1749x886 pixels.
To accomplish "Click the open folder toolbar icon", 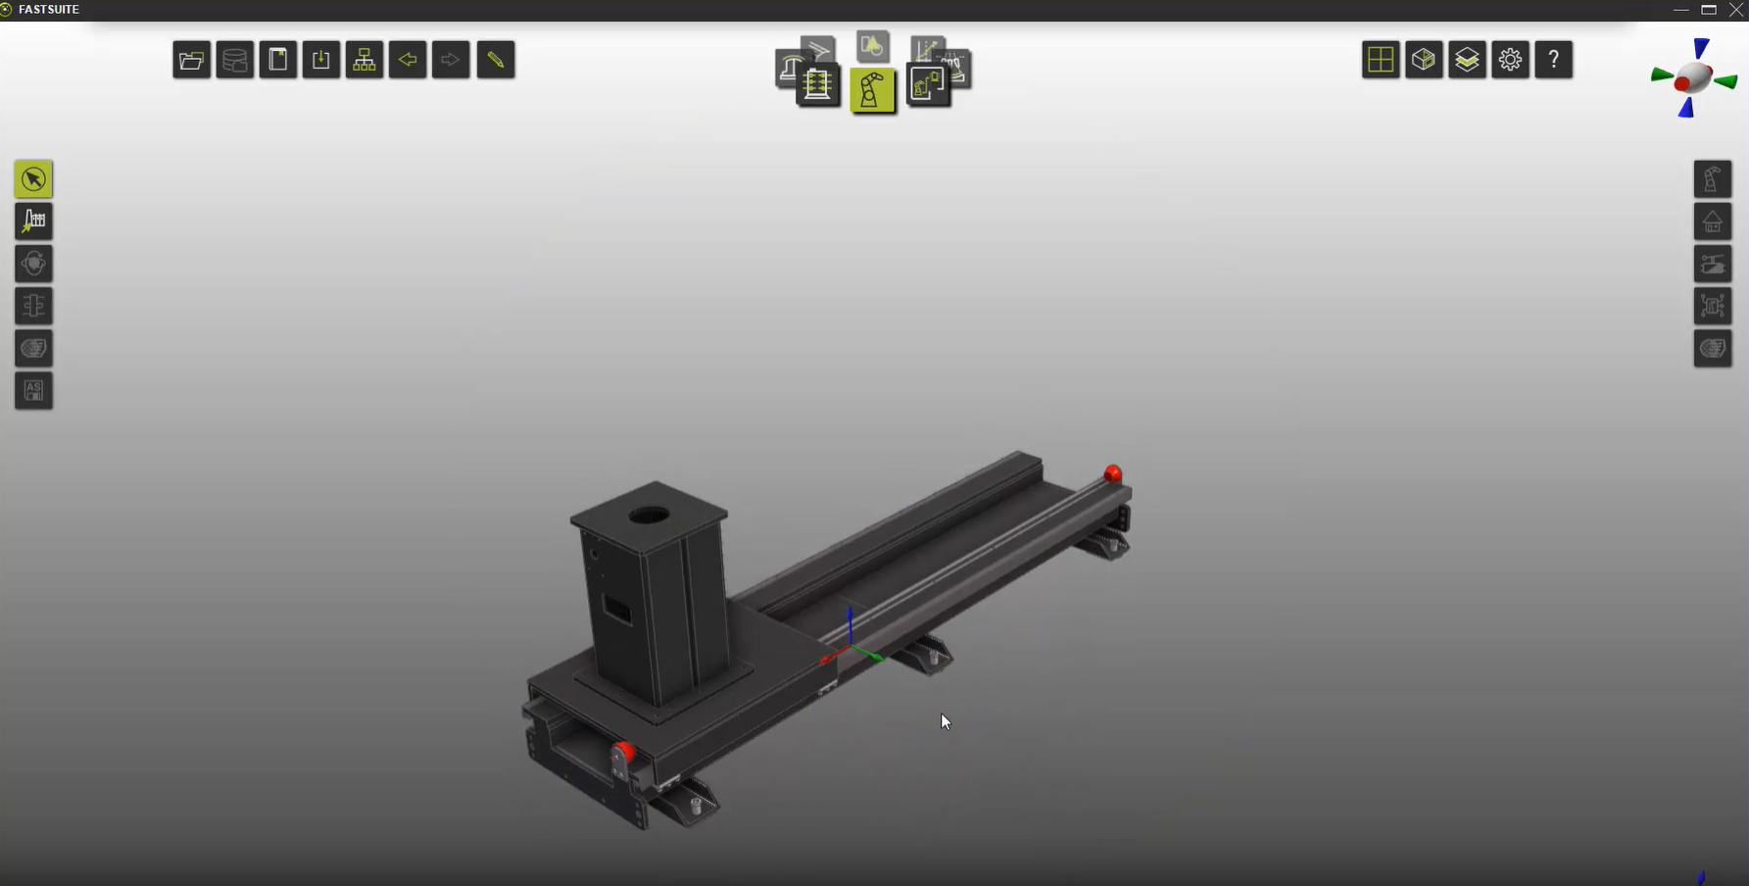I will click(x=192, y=60).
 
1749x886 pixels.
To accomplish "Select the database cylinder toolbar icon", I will click(x=235, y=60).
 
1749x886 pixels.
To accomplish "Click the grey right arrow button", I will click(x=451, y=60).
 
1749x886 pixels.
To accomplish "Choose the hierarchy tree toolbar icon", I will click(x=364, y=60).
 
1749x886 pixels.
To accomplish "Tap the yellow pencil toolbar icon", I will click(x=496, y=60).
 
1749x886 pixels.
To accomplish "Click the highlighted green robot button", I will click(x=872, y=91).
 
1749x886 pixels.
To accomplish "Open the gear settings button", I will click(x=1510, y=60).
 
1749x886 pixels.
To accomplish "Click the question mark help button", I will click(x=1553, y=60).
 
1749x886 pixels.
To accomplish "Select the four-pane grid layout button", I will click(x=1381, y=60).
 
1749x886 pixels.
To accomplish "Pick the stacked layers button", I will click(x=1467, y=60).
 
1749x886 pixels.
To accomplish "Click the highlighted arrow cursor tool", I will click(x=33, y=179).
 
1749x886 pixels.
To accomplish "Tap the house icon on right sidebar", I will click(x=1713, y=222).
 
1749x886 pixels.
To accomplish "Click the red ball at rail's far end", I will click(x=1113, y=474).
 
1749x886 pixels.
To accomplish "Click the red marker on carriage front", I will click(x=623, y=753).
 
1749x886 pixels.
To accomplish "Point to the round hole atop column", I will click(x=649, y=515).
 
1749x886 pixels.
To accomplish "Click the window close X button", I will click(x=1735, y=10).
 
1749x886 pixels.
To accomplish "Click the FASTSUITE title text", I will click(x=49, y=10).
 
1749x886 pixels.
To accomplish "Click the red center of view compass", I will click(x=1683, y=84).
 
